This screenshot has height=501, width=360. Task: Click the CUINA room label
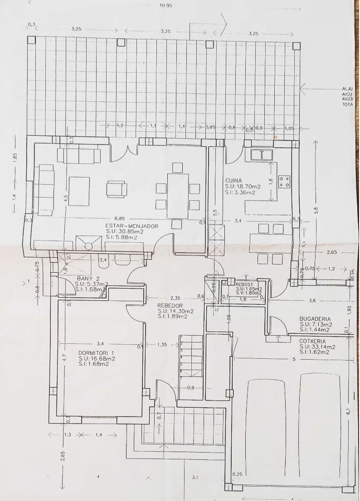click(234, 180)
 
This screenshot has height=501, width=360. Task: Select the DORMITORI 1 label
click(96, 352)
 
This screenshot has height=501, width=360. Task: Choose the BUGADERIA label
click(315, 319)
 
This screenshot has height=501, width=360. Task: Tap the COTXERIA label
click(313, 341)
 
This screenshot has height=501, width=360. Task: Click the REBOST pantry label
click(244, 284)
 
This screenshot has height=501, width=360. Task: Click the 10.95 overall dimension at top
click(166, 6)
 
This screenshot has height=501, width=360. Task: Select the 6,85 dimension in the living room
click(120, 218)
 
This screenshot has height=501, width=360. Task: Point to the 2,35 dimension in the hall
click(175, 298)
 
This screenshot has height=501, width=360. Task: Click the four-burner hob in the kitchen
click(284, 182)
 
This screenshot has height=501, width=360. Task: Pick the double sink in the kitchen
click(262, 155)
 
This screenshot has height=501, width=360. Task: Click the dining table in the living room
click(177, 196)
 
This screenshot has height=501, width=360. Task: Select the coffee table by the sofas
click(79, 191)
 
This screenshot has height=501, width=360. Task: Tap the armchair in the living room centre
click(117, 189)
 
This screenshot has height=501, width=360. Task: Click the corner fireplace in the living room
click(88, 243)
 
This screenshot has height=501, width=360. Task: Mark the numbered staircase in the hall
click(191, 356)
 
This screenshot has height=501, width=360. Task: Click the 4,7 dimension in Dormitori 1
click(64, 357)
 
